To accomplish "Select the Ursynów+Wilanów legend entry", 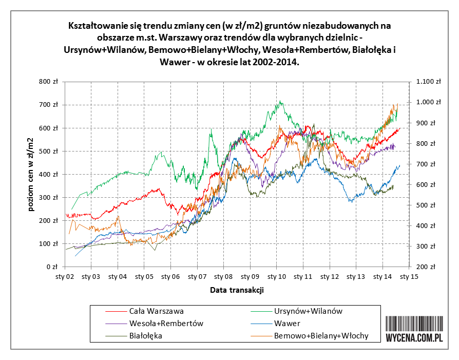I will click(308, 311).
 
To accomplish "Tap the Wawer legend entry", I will click(288, 324).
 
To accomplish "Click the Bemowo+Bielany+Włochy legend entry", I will click(321, 336).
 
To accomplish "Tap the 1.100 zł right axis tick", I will click(429, 82).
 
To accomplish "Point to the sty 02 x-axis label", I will click(65, 277).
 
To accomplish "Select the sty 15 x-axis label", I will click(409, 277).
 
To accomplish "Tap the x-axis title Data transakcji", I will click(237, 290).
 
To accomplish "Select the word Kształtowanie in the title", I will click(93, 25).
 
